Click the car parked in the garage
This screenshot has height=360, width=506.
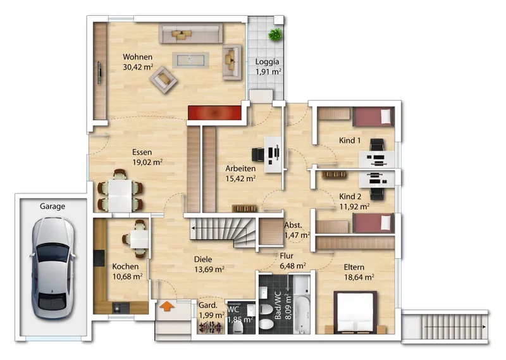tap(52, 268)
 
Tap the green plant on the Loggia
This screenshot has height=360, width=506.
tap(275, 35)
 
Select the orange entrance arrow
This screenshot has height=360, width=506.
tap(166, 306)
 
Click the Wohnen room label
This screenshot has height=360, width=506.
tap(137, 57)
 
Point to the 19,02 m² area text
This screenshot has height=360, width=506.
tap(147, 162)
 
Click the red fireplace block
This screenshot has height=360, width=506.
tap(214, 113)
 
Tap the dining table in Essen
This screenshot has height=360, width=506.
tap(120, 196)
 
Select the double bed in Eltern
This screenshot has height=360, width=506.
tap(355, 312)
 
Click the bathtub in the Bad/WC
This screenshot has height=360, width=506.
tap(302, 315)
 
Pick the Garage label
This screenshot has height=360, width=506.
tap(52, 206)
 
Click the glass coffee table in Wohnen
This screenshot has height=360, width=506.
tap(190, 59)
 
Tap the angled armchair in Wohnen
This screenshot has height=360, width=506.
tap(163, 80)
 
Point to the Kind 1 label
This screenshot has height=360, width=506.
tap(350, 140)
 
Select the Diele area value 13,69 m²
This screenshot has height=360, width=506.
tap(209, 270)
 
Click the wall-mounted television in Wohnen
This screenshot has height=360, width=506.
tap(100, 73)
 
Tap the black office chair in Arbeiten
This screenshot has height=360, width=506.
tap(258, 154)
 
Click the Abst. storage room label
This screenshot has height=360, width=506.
tap(293, 225)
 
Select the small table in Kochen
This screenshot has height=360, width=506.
tap(139, 239)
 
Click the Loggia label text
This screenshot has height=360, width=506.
tap(267, 61)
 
